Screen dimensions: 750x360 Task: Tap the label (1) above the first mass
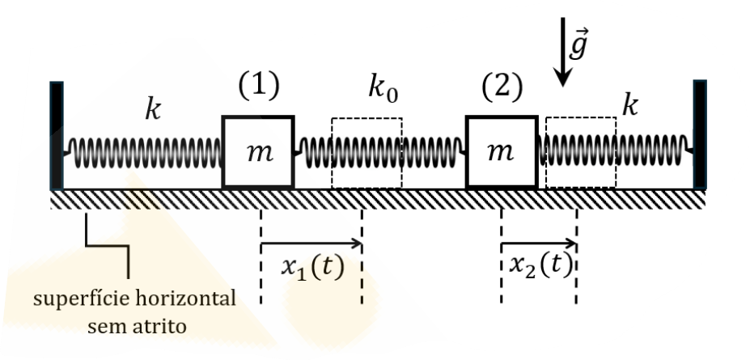pos(259,86)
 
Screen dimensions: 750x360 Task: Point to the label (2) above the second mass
pos(502,87)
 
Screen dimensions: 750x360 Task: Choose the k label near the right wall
pos(630,106)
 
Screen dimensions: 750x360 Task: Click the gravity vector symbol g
pos(578,44)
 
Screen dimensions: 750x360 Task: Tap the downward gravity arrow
pos(563,53)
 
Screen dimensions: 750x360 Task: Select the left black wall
pos(57,136)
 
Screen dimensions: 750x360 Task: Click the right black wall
pos(700,135)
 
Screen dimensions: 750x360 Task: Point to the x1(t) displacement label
pos(312,267)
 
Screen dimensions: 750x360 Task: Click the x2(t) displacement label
pos(540,265)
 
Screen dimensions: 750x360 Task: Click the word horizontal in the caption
pos(185,299)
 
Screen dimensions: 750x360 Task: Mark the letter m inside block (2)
pos(500,152)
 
